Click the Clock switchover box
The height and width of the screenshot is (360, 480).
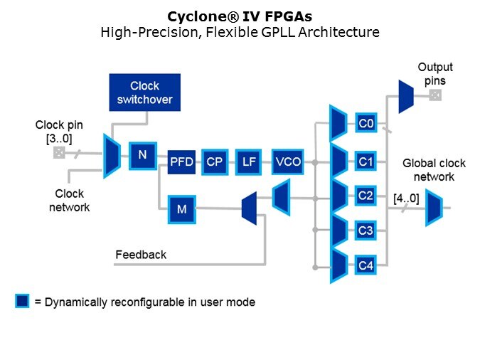145,92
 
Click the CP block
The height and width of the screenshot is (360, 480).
215,162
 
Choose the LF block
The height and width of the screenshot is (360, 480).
249,162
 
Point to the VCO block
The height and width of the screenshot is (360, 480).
287,162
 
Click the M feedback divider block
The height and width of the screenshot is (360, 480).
181,208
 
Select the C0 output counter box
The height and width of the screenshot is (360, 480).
366,124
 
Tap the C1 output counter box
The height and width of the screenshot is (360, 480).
366,162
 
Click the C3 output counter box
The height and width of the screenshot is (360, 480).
366,230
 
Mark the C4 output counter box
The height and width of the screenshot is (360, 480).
366,265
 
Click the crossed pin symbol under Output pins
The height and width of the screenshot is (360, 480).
435,95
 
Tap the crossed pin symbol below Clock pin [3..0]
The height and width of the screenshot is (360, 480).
59,153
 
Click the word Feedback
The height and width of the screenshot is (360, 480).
141,255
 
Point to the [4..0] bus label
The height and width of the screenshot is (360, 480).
406,198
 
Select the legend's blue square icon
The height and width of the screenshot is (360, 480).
23,301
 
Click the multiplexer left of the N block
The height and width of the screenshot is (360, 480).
112,156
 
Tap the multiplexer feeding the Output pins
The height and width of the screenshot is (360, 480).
405,96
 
